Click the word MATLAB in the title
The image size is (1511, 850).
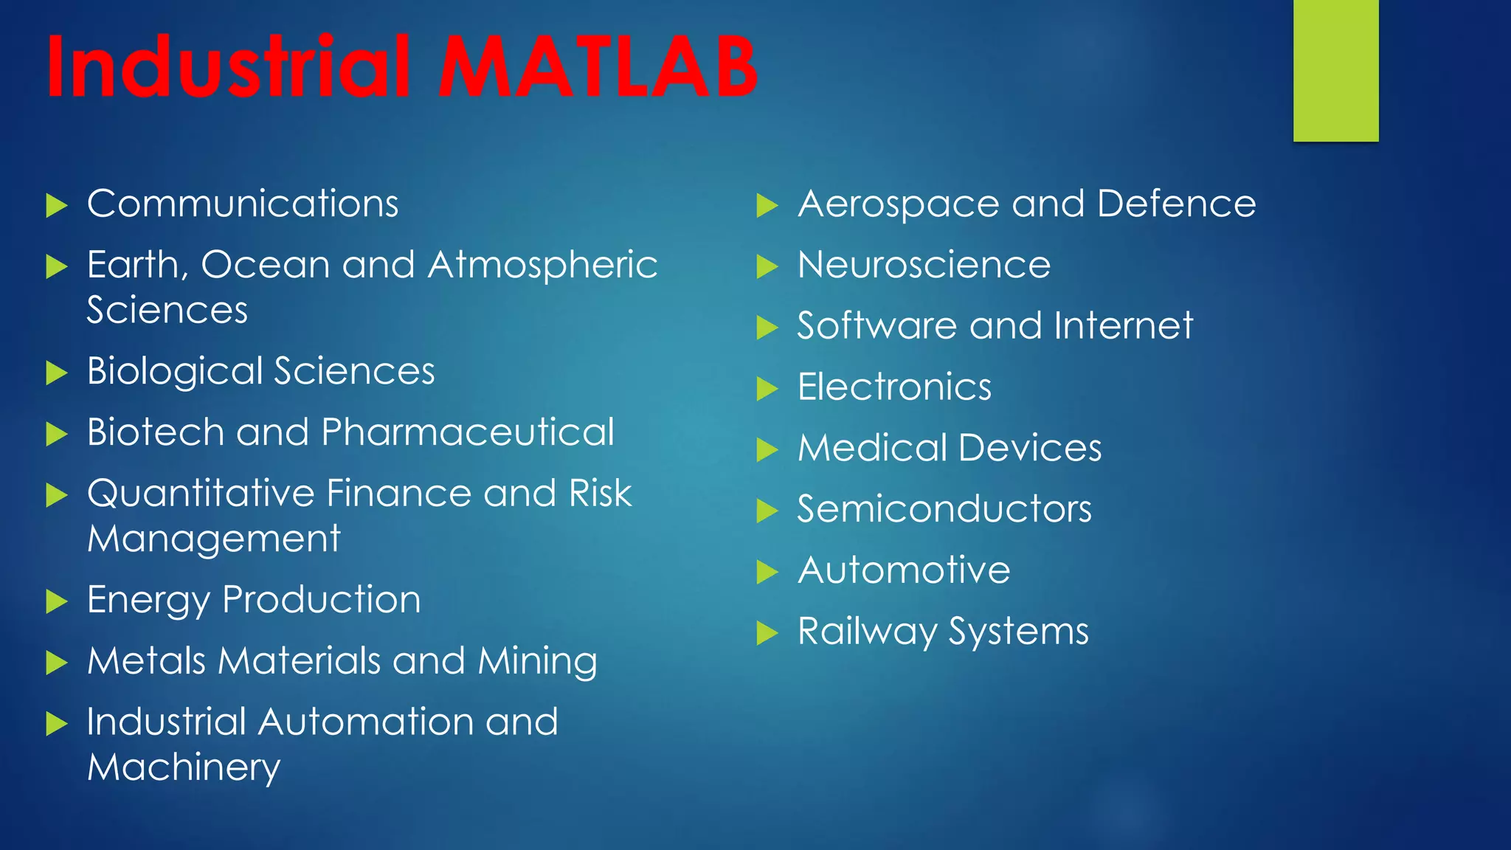tap(598, 68)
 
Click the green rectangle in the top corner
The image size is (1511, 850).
tap(1335, 70)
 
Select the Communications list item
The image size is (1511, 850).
tap(243, 204)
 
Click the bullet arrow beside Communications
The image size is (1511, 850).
tap(56, 206)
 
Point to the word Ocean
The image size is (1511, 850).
tap(266, 266)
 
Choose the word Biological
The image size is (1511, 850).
tap(175, 372)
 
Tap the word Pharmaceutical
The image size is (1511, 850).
tap(468, 432)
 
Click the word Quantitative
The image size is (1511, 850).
tap(201, 494)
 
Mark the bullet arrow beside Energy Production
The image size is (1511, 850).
tap(56, 601)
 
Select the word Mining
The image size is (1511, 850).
tap(537, 662)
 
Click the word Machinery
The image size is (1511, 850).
tap(184, 768)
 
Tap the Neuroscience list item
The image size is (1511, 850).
tap(924, 266)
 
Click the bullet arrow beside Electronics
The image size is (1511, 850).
tap(767, 388)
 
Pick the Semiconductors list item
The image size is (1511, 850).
tap(944, 510)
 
